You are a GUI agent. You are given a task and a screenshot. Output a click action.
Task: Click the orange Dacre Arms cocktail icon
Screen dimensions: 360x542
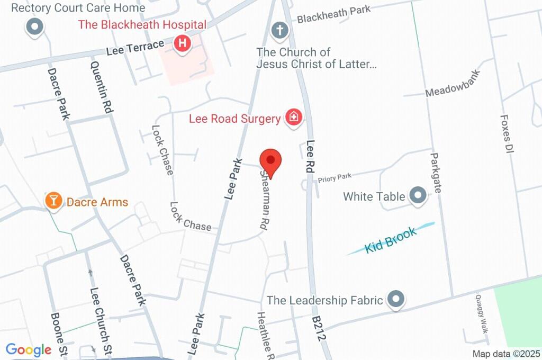[53, 201]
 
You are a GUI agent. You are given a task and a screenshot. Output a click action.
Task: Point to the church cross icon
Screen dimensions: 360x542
[279, 30]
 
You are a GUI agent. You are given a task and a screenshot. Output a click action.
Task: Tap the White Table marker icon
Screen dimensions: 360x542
[419, 196]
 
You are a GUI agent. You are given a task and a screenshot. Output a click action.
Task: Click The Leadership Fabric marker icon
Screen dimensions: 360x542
[396, 300]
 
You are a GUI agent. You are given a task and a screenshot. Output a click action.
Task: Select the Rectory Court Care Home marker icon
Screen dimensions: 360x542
[35, 27]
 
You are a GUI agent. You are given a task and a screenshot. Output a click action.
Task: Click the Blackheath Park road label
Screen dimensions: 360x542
[333, 14]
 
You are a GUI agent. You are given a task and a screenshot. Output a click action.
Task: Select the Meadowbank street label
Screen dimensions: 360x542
[453, 84]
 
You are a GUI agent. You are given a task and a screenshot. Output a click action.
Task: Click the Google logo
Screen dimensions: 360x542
[29, 349]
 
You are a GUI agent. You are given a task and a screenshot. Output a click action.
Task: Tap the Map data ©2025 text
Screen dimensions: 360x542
[506, 354]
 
